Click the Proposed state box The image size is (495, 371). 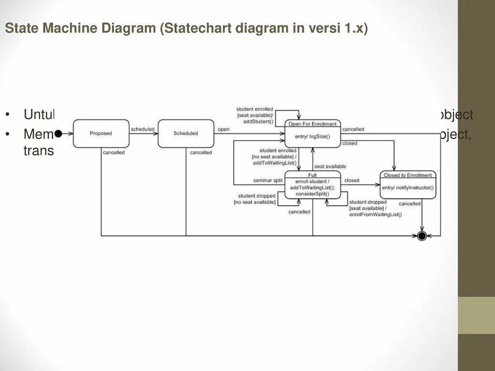(x=101, y=133)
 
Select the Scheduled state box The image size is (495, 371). (x=186, y=133)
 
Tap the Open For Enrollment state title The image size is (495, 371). (x=312, y=124)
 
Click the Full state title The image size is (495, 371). (x=312, y=174)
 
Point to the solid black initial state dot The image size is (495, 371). (x=58, y=133)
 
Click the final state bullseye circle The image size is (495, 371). (x=422, y=236)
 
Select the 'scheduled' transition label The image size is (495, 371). (x=143, y=129)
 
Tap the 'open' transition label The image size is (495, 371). (x=223, y=129)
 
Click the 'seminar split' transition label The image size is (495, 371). (x=268, y=181)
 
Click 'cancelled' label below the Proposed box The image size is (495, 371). (x=114, y=153)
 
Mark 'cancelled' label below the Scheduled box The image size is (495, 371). (x=201, y=153)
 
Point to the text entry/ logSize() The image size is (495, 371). (x=312, y=136)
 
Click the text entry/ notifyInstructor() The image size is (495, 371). (x=408, y=187)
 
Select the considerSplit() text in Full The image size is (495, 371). (x=312, y=194)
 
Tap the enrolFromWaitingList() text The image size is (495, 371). (x=375, y=214)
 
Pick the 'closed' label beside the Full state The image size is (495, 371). (x=352, y=180)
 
